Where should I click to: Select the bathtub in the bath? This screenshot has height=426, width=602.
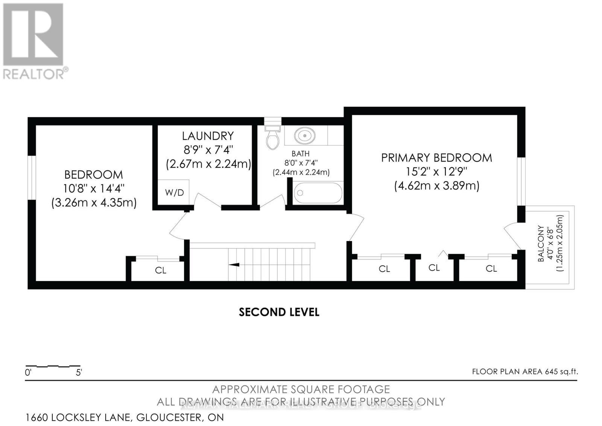(x=318, y=193)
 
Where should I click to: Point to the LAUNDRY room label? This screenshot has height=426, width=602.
(x=208, y=136)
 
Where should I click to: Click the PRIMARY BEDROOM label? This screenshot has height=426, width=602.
(x=436, y=158)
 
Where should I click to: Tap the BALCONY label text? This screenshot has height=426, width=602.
(x=541, y=243)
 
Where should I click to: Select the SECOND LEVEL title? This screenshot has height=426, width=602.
(x=279, y=312)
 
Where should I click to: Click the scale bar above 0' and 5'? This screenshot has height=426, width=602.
(x=53, y=366)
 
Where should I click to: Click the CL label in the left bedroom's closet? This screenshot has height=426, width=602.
(x=161, y=270)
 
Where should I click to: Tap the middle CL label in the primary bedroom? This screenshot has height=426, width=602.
(x=434, y=268)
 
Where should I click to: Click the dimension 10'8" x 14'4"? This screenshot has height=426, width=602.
(x=94, y=188)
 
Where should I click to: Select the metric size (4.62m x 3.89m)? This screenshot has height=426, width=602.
(x=436, y=186)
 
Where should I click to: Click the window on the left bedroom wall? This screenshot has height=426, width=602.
(x=32, y=177)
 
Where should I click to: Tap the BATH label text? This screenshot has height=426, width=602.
(x=301, y=154)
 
